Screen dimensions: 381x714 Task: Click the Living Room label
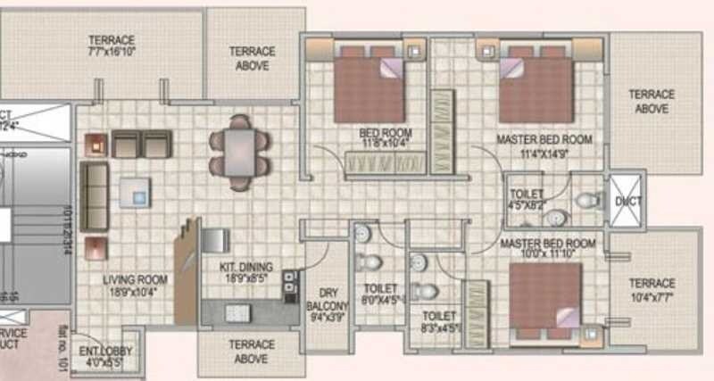[132, 284]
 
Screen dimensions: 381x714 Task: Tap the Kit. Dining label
[245, 271]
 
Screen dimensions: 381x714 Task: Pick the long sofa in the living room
[94, 197]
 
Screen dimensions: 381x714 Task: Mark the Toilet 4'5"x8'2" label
[528, 199]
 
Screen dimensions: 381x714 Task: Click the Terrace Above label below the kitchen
[251, 352]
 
